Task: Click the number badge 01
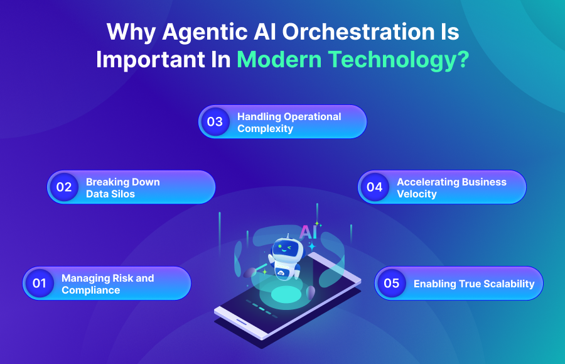tap(40, 284)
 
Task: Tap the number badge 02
tap(64, 187)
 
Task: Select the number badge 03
tap(215, 122)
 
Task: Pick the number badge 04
tap(374, 187)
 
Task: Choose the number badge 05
tap(391, 284)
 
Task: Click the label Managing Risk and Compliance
tap(107, 284)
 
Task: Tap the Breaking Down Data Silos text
tap(123, 188)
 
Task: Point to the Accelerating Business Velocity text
tap(451, 188)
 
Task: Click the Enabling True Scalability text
tap(474, 284)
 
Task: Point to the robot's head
tap(286, 248)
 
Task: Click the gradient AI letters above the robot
tap(308, 231)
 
